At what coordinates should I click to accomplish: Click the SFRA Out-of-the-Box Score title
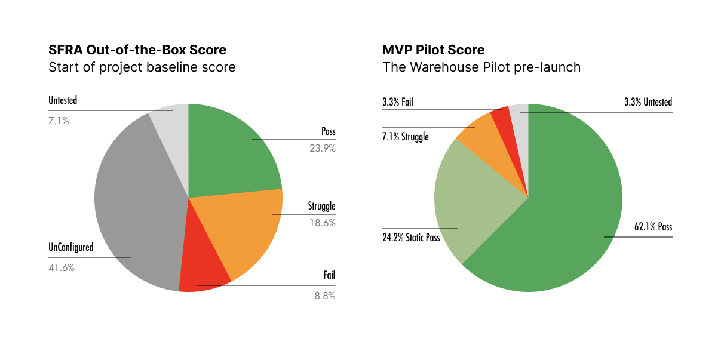click(x=137, y=50)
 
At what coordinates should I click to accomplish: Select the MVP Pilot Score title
click(x=433, y=50)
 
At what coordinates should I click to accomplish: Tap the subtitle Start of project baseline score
click(x=142, y=67)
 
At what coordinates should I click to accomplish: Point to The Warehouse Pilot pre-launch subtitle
click(x=481, y=67)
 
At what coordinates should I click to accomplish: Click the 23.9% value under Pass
click(x=323, y=149)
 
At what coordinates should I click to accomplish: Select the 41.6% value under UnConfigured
click(x=62, y=268)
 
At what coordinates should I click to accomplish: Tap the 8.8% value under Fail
click(x=325, y=295)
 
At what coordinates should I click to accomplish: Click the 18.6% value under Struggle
click(x=323, y=223)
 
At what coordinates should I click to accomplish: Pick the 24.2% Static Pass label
click(x=411, y=238)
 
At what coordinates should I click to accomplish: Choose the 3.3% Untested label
click(x=648, y=102)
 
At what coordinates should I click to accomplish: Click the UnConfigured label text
click(x=70, y=247)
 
